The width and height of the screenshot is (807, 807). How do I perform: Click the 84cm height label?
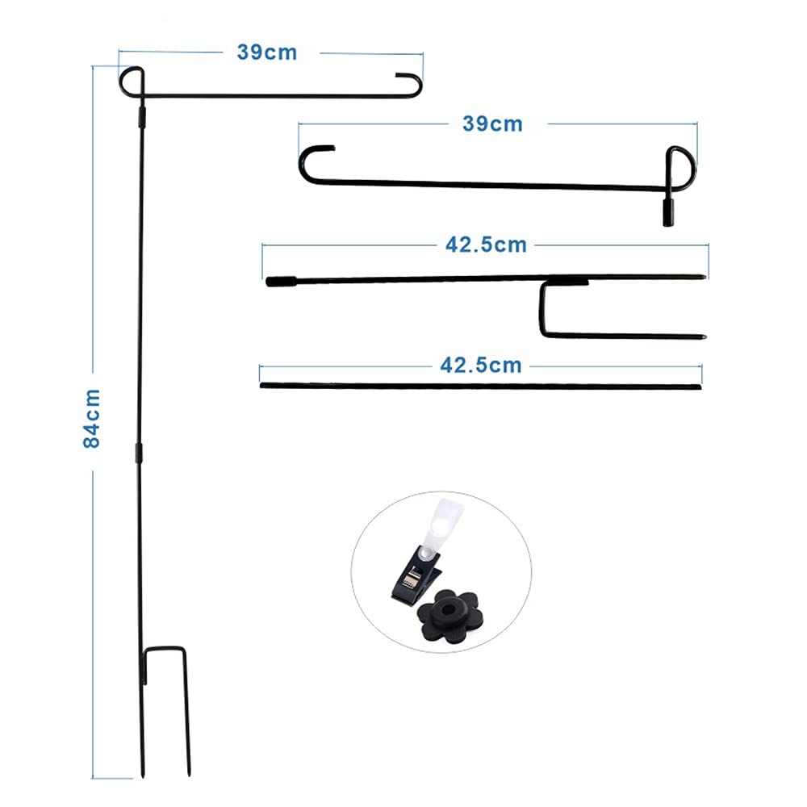(92, 418)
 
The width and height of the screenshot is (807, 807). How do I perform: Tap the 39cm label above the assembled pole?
(267, 52)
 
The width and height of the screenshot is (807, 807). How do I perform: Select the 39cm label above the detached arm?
(492, 124)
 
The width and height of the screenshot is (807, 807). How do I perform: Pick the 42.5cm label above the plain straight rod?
(481, 366)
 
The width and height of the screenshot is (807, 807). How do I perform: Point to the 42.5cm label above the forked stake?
(486, 245)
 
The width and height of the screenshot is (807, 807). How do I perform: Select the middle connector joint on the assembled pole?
(139, 453)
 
